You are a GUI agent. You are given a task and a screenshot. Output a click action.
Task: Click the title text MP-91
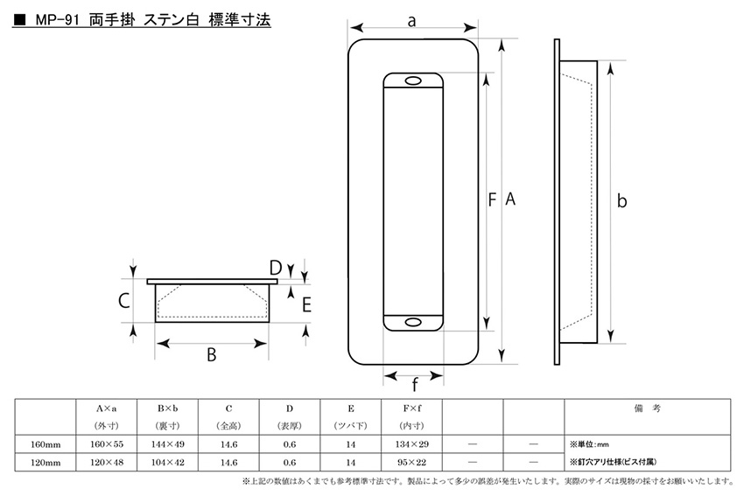[57, 21]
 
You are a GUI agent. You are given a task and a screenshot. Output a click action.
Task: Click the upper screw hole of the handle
[413, 81]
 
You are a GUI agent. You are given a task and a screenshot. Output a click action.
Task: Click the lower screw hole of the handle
[413, 323]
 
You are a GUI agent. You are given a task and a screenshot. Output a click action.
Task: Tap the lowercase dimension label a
[412, 21]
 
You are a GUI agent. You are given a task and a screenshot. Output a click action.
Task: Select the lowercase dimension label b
[621, 200]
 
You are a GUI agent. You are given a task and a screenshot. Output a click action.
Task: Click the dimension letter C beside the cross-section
[123, 301]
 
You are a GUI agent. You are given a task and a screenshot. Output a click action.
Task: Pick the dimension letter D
[276, 269]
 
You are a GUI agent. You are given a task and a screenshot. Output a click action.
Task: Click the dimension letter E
[306, 305]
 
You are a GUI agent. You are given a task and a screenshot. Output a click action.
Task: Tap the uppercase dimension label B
[212, 354]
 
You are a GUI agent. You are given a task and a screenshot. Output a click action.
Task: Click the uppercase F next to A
[492, 199]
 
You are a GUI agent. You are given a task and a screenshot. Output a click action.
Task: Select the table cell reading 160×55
[107, 444]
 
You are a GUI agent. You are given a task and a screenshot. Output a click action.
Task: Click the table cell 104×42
[167, 463]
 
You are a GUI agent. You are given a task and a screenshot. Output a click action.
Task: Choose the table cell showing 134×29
[412, 444]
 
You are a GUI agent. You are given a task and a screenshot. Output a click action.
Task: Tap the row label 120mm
[46, 463]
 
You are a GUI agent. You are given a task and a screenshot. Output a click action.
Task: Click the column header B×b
[167, 409]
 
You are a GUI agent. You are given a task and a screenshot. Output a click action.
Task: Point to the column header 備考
[647, 409]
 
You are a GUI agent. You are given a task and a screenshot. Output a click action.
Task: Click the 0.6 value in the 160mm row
[290, 444]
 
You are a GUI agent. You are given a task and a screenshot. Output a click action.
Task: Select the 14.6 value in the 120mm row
[228, 463]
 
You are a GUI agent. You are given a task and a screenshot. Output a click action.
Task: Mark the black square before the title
[19, 21]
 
